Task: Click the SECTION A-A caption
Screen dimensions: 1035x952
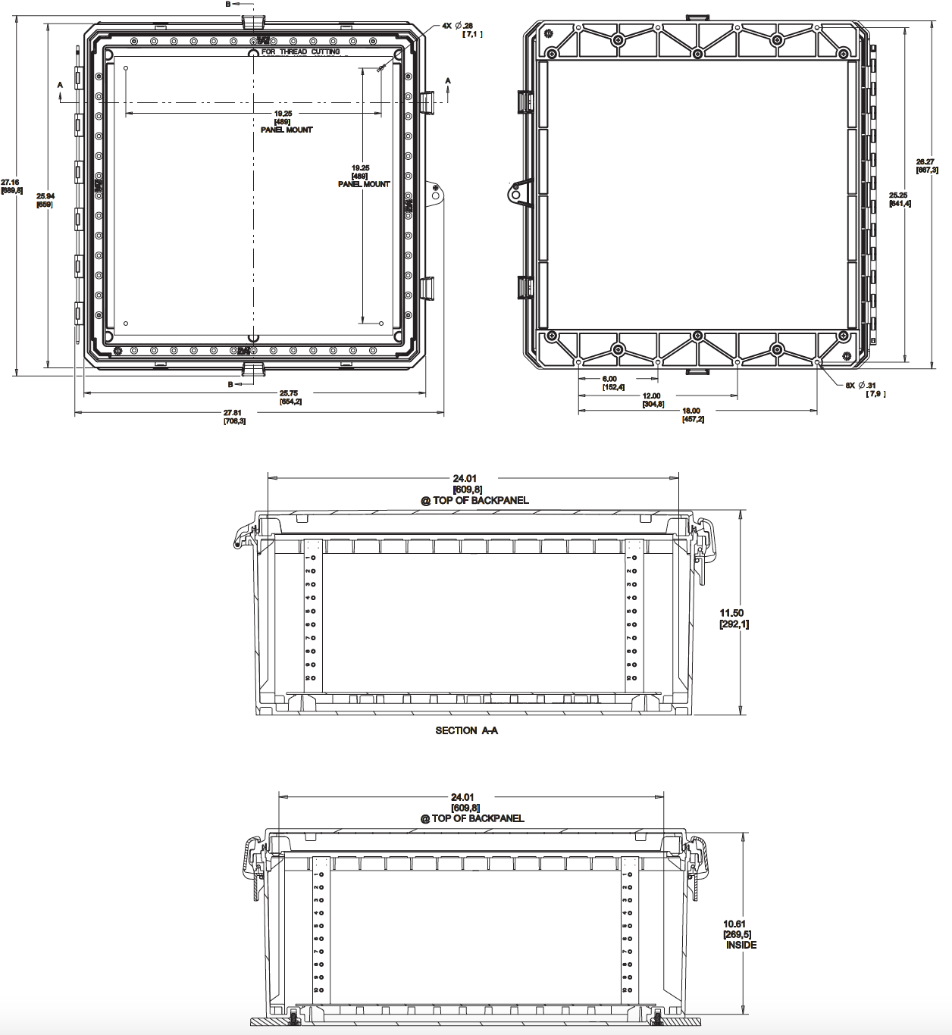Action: (466, 730)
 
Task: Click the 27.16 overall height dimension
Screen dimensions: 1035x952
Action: (11, 182)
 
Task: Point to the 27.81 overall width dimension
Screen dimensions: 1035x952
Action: (233, 413)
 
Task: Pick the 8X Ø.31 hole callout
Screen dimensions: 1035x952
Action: (861, 385)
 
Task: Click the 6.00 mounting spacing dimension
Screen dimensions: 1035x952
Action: (609, 379)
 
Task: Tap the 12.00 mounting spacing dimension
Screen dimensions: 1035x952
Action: (652, 396)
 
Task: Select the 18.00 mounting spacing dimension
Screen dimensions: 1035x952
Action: (691, 411)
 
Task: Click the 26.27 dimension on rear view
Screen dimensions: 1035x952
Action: (925, 161)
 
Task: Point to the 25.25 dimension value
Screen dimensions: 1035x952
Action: (899, 195)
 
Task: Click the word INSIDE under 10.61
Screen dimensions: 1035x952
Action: (741, 945)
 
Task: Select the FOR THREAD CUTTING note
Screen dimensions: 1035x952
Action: (301, 52)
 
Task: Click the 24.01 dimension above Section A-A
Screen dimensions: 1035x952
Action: (468, 478)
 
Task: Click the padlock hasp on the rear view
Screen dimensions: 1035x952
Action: (518, 193)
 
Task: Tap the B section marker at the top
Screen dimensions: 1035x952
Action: (228, 4)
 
